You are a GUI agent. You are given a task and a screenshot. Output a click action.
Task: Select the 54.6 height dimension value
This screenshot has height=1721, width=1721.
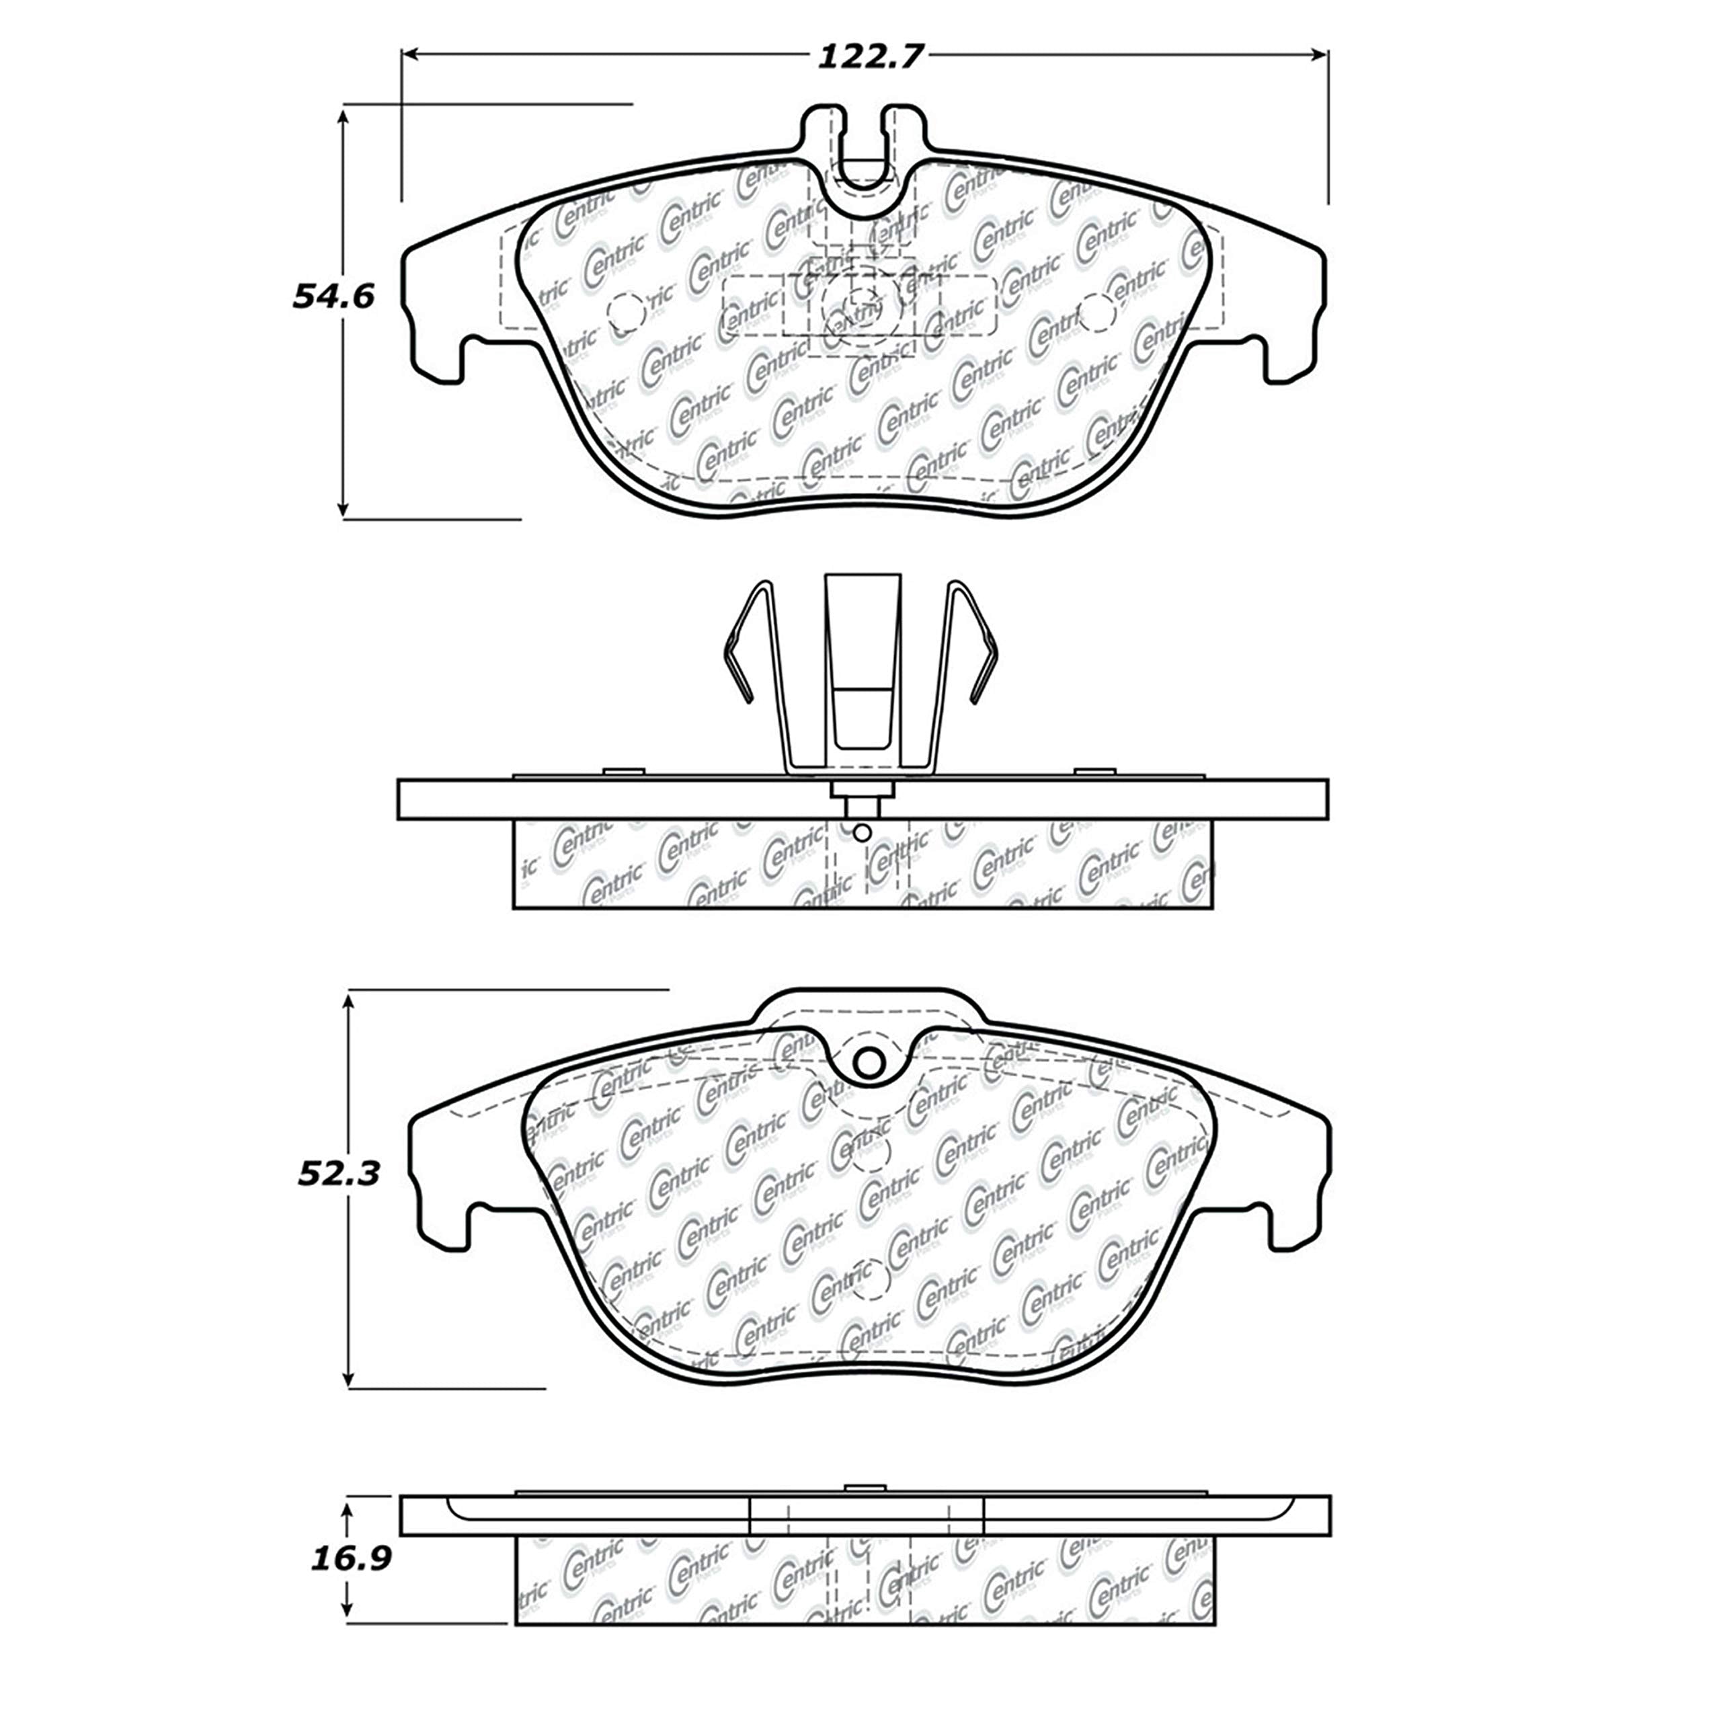pyautogui.click(x=333, y=296)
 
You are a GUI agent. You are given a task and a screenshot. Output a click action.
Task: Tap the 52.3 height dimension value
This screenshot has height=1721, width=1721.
pyautogui.click(x=339, y=1174)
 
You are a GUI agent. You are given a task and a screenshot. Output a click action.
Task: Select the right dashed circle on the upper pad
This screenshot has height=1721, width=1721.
pyautogui.click(x=1096, y=311)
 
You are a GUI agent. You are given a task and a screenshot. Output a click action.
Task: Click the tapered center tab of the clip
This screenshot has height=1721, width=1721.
pyautogui.click(x=863, y=659)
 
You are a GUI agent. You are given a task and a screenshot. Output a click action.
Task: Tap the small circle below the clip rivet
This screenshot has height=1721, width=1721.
pyautogui.click(x=861, y=833)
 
